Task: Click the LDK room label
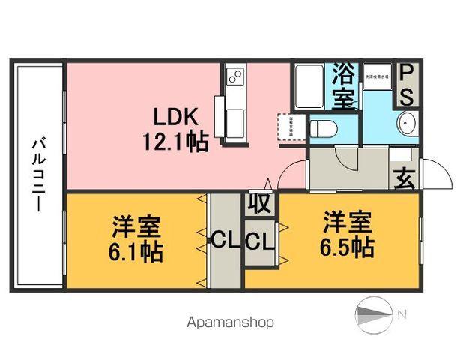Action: [176, 118]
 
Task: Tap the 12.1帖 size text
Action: [176, 140]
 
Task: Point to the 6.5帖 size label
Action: [348, 247]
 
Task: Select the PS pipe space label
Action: [406, 84]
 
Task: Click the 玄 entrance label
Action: [405, 180]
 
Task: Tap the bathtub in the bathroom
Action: [310, 87]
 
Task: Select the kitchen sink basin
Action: [234, 118]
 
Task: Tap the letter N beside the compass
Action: [402, 313]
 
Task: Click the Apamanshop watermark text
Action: [229, 322]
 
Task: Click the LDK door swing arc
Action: [292, 174]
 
